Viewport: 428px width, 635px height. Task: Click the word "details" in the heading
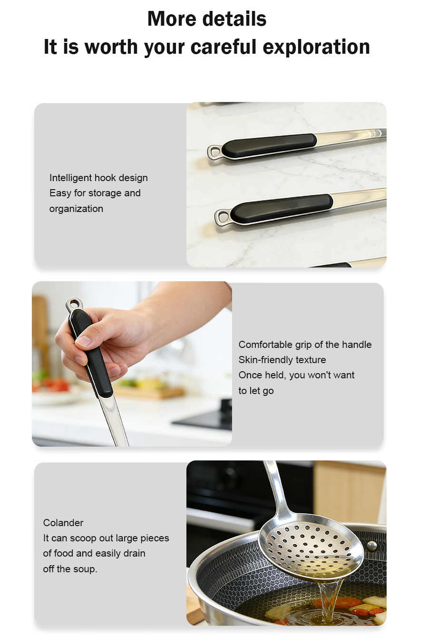coord(235,19)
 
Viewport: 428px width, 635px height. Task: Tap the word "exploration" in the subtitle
coord(317,47)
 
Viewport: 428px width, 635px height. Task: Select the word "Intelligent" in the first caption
coord(71,178)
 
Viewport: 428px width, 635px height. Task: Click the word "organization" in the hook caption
coord(76,209)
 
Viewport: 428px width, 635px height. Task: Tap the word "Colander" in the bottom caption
coord(63,523)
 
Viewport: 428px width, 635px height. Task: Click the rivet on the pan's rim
coord(372,545)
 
